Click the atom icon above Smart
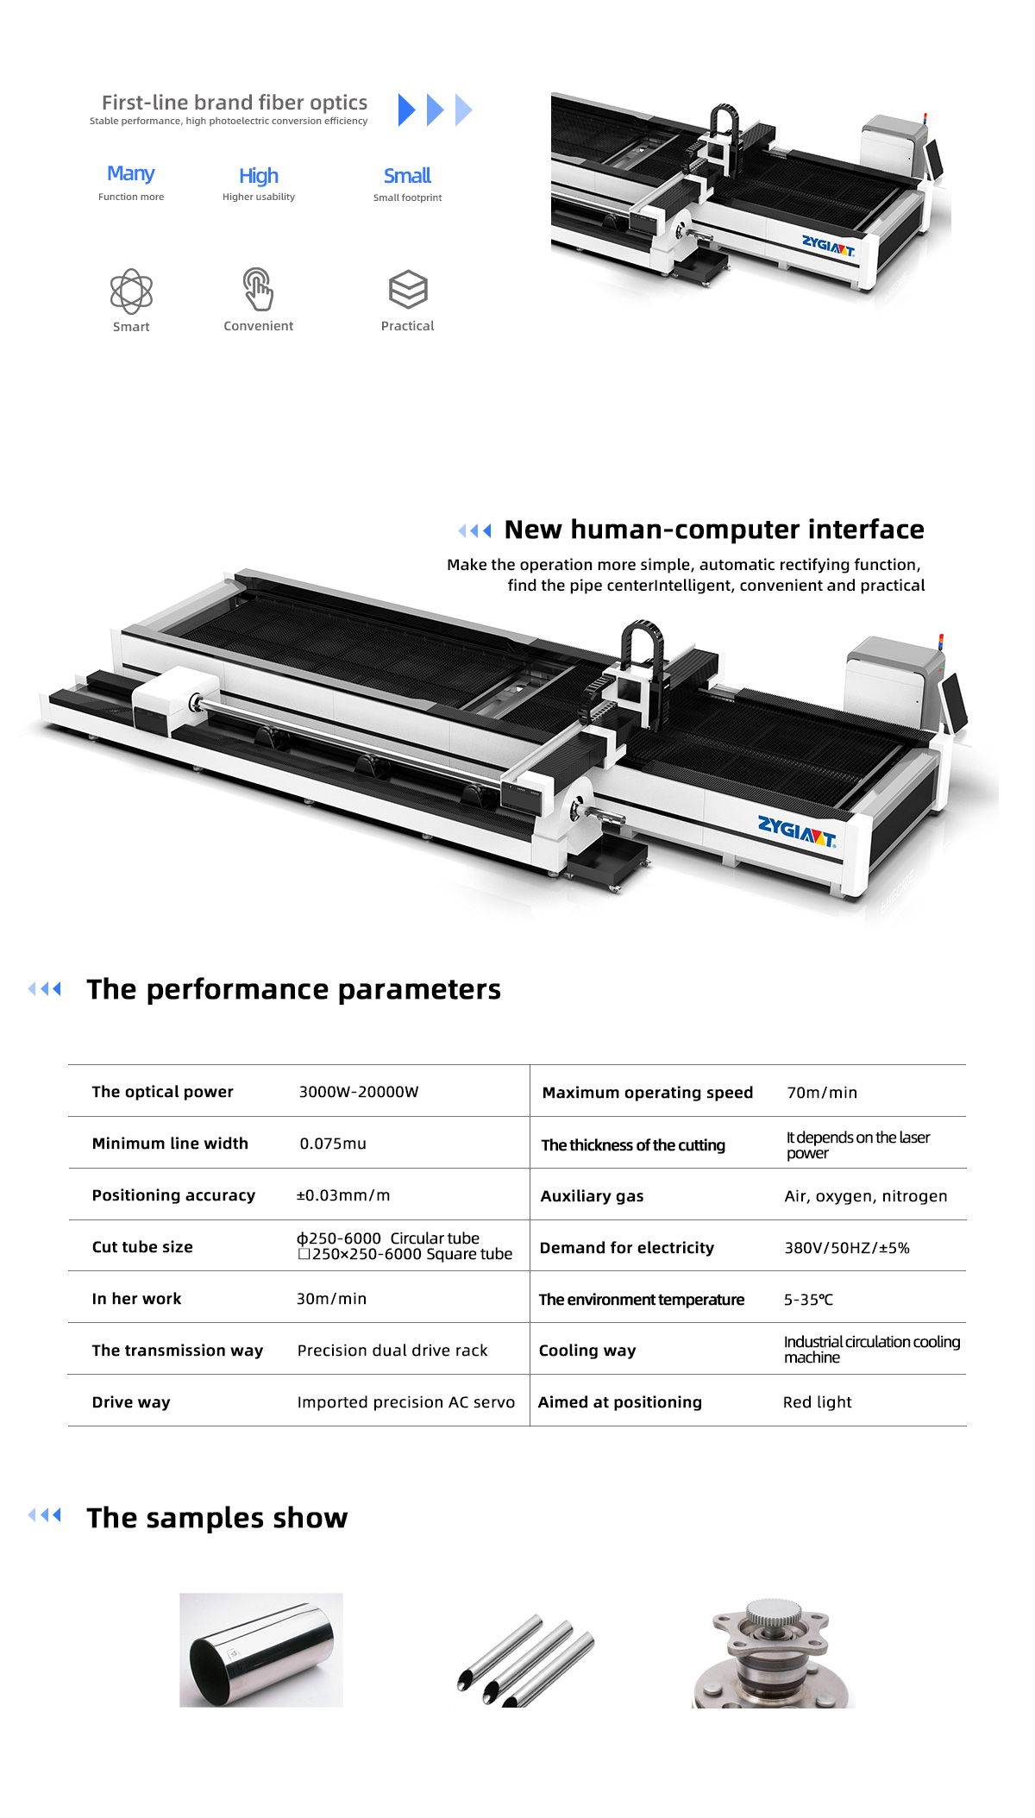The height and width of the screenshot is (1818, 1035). (x=131, y=291)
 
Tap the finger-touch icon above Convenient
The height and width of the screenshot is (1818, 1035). (x=258, y=289)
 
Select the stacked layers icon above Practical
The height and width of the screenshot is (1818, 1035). (x=408, y=289)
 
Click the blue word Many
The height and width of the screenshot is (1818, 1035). (x=131, y=173)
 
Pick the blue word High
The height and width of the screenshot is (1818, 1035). (x=259, y=176)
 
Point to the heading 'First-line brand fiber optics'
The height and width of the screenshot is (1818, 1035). (x=235, y=103)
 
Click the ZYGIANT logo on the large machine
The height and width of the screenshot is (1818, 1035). (x=797, y=831)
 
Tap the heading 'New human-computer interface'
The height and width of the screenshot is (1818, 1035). (x=714, y=529)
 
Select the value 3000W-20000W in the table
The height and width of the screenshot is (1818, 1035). (x=359, y=1092)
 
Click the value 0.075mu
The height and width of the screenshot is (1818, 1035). (x=333, y=1144)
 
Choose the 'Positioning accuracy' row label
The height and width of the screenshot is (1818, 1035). (x=173, y=1195)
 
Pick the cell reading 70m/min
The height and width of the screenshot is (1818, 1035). (x=822, y=1093)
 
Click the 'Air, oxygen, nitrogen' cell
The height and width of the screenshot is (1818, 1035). (x=866, y=1196)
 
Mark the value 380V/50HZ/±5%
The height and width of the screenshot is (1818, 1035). (x=847, y=1248)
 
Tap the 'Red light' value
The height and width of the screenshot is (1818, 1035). (x=818, y=1402)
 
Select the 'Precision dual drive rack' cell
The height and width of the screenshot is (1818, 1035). (x=392, y=1351)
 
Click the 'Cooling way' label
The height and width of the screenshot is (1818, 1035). (x=587, y=1351)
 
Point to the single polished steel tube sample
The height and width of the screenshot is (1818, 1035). (x=261, y=1650)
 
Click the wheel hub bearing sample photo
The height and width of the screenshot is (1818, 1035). (x=774, y=1651)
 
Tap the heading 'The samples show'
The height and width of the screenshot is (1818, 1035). (x=217, y=1518)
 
